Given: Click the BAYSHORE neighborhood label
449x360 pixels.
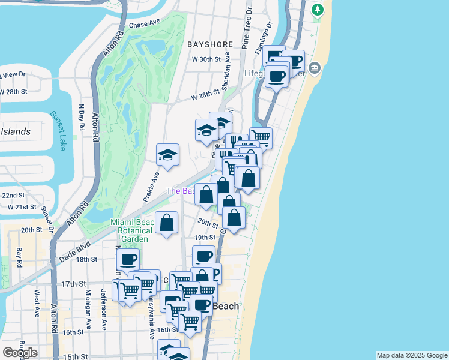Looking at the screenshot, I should tap(209, 44).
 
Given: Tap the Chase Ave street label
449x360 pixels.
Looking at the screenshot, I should tap(146, 25).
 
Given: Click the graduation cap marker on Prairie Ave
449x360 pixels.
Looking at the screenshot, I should tap(168, 155).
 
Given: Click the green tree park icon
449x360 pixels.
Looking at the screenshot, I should tap(318, 10).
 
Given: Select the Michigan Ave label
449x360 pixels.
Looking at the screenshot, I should tap(89, 303).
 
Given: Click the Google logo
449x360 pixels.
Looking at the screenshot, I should tap(20, 353).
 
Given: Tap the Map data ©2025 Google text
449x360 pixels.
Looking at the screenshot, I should tap(412, 355).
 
